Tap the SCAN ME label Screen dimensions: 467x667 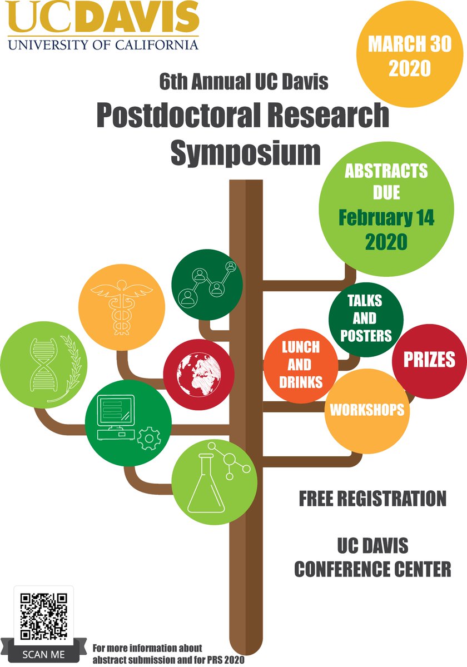coord(44,654)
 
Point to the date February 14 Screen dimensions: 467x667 coord(387,217)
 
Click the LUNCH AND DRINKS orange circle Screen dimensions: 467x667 coord(300,365)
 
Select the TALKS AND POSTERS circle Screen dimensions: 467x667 coord(365,318)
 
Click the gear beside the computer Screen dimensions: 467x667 coord(148,438)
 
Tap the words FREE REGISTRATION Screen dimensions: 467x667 coord(372,499)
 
